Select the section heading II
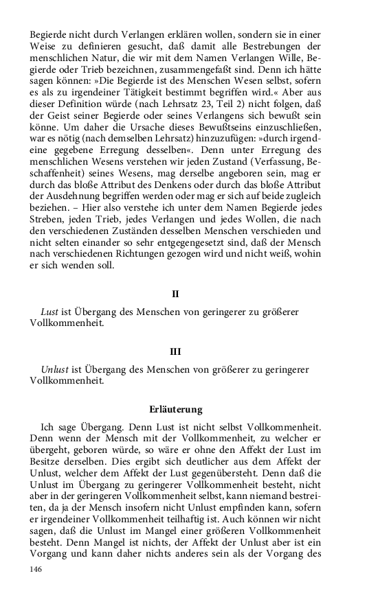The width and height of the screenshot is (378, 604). [175, 294]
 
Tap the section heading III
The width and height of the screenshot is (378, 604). [175, 351]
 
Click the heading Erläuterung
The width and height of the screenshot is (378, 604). [175, 410]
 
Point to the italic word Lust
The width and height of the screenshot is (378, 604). [49, 312]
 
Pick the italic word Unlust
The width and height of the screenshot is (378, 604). [54, 369]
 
